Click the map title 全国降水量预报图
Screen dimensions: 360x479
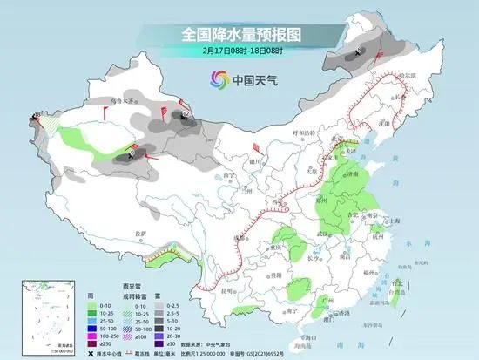click(239, 36)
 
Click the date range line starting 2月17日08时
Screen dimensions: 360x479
click(239, 51)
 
